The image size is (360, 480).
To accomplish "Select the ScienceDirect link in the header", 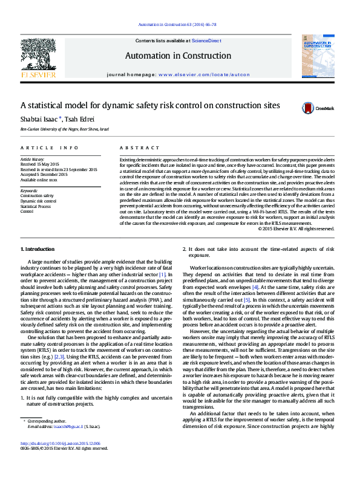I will click(206, 41).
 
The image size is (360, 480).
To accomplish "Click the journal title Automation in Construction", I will click(178, 56).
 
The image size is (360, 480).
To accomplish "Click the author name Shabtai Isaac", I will click(41, 118).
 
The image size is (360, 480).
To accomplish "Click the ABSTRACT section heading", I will click(135, 148).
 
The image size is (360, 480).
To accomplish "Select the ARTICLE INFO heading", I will click(49, 148).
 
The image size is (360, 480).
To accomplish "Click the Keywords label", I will click(29, 190).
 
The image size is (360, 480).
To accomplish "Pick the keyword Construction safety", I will click(37, 196).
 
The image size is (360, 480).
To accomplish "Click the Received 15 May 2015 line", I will click(40, 164).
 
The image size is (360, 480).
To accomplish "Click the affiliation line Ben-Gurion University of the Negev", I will click(65, 129).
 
